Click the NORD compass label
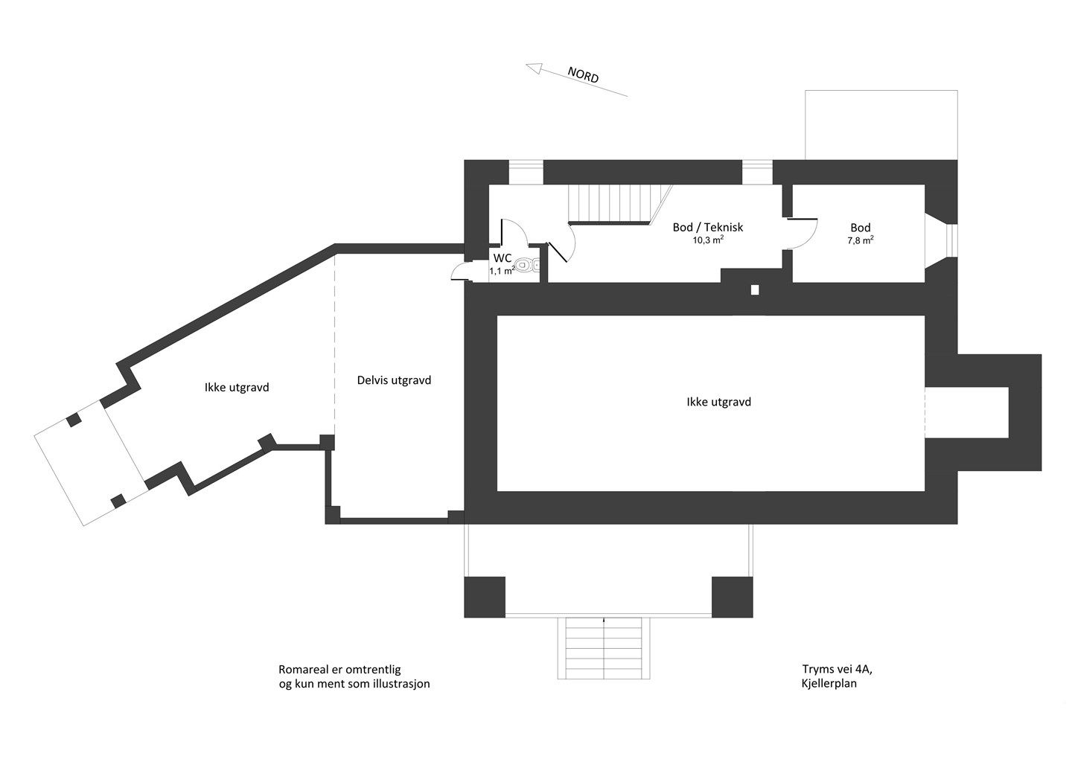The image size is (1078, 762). [583, 75]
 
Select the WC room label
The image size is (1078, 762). [503, 258]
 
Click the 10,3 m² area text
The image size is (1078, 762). [709, 240]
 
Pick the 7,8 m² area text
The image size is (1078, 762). [861, 240]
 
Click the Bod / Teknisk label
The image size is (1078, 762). [708, 227]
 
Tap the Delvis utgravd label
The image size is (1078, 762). [394, 380]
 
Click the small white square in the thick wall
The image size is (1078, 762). [755, 290]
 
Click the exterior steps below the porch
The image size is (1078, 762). [604, 648]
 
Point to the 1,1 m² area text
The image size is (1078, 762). [503, 271]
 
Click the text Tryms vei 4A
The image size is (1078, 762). [837, 669]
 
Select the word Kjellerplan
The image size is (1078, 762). [829, 684]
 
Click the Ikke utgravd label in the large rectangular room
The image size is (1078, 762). [719, 402]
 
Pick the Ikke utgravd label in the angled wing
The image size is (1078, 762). [237, 387]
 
